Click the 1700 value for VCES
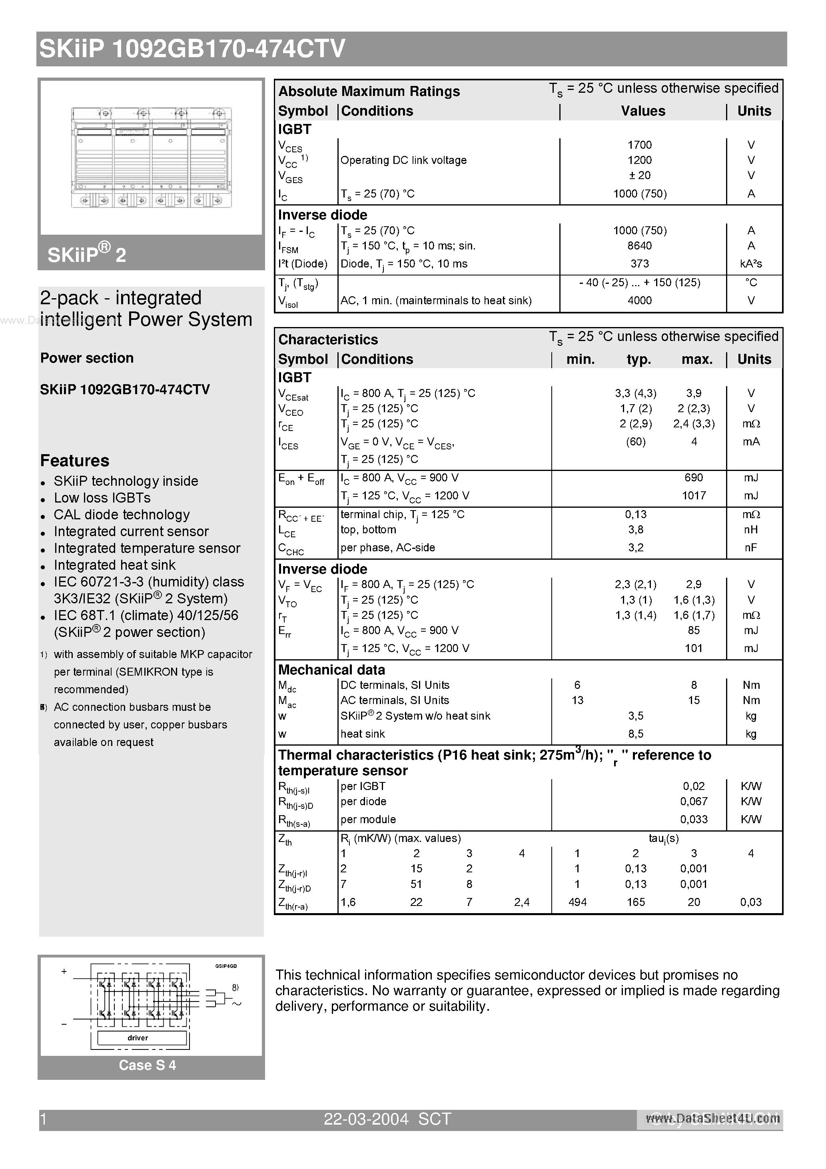[639, 145]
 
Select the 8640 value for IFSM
[639, 246]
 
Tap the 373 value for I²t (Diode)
[639, 264]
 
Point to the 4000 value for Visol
[639, 300]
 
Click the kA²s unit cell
[750, 264]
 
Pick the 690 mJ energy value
[693, 478]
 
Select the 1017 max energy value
[693, 495]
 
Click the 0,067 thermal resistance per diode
[693, 802]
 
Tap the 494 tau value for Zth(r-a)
[577, 902]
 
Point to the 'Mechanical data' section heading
[331, 670]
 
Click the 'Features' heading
[75, 461]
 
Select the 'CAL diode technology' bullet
[122, 515]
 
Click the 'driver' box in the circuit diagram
[138, 1037]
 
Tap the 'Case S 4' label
[147, 1065]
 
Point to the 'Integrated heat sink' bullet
[115, 565]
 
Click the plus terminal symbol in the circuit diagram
[64, 972]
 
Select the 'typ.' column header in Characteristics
[638, 359]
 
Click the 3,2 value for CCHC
[636, 548]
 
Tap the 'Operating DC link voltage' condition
[403, 160]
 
